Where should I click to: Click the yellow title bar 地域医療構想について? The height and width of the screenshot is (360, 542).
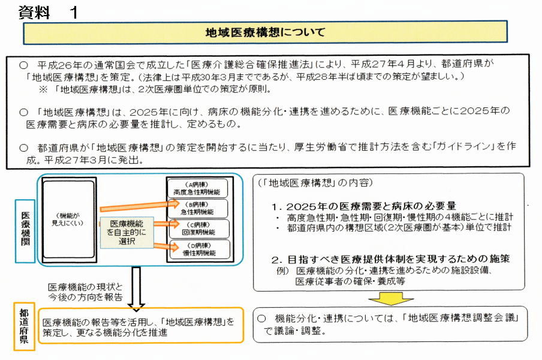(x=265, y=32)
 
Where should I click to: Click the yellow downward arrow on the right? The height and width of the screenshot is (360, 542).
(x=390, y=298)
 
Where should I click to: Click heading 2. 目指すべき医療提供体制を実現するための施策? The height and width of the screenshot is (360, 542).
(x=390, y=259)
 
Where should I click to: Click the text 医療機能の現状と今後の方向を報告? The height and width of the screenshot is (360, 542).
(x=86, y=292)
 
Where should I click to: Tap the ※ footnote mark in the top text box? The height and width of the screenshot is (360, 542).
(x=44, y=89)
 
